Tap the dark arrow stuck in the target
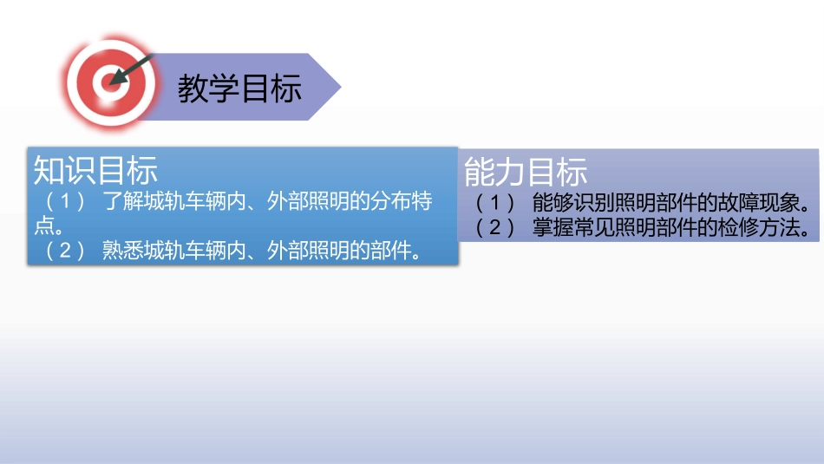(131, 70)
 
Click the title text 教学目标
(239, 88)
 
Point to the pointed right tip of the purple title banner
(339, 87)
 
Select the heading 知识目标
(95, 170)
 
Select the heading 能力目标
(526, 172)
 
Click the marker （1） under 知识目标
(65, 203)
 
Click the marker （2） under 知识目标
(65, 252)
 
